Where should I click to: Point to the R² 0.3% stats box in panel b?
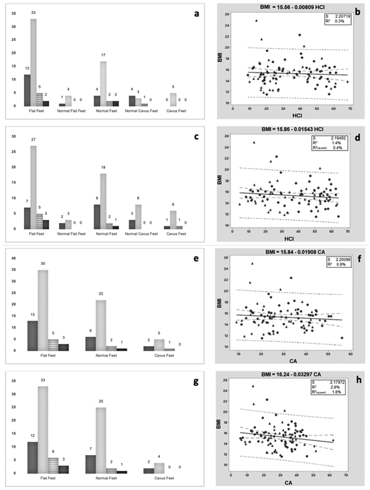341,20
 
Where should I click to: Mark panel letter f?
361,259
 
